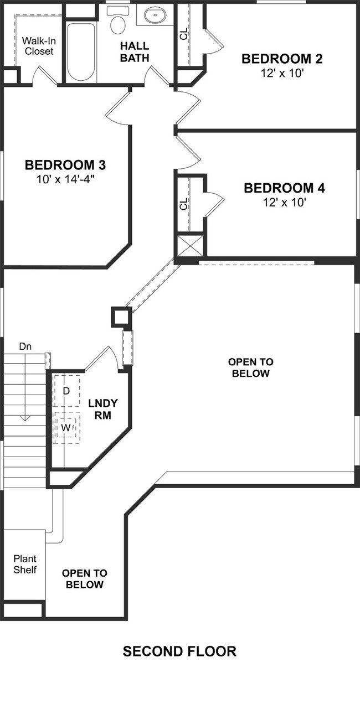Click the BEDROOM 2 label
coord(282,59)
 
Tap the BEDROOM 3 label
coord(65,165)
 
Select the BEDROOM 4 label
coord(284,188)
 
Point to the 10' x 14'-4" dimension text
coord(65,179)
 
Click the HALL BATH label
coord(135,51)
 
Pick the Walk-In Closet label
coord(38,46)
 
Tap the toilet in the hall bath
coord(117,22)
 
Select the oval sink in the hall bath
coord(156,15)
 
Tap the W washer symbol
coord(66,428)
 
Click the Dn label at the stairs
coord(25,346)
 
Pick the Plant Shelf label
coord(25,564)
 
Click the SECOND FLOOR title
coord(179,651)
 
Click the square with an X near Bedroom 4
coord(190,245)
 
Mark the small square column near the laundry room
coord(121,317)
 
